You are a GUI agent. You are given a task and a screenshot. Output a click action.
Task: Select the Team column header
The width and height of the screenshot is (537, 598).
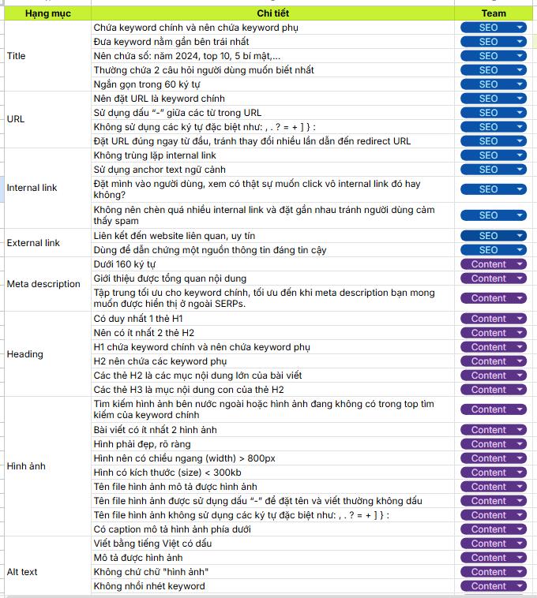coord(494,13)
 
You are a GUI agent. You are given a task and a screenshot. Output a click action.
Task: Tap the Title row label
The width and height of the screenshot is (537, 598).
coord(16,56)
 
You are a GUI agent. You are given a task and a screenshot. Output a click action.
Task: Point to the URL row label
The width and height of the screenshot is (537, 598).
coord(16,119)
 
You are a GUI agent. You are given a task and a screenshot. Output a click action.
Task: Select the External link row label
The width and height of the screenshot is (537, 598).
coord(33,243)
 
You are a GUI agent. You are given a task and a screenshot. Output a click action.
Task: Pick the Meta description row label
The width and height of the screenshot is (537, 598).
coord(43,284)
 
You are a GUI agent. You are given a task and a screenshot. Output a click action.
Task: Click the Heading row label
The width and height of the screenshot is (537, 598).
coord(24,354)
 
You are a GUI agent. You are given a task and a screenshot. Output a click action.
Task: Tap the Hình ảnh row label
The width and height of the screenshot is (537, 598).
coord(26,465)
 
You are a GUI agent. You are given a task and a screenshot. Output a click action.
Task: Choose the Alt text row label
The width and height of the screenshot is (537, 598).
coord(22,572)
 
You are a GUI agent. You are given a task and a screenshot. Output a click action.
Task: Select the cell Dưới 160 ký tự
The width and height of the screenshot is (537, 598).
coord(125,264)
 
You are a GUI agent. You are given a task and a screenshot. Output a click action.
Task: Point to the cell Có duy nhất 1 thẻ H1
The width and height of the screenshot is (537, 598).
coord(138,319)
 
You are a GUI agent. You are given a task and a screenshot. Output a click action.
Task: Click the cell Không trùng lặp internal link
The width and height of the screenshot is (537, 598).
coord(155,155)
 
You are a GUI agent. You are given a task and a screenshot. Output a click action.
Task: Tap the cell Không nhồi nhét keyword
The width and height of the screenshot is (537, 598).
coord(149,586)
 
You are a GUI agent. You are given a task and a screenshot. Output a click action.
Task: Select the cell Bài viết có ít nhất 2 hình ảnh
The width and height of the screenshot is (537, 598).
coord(155,430)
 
